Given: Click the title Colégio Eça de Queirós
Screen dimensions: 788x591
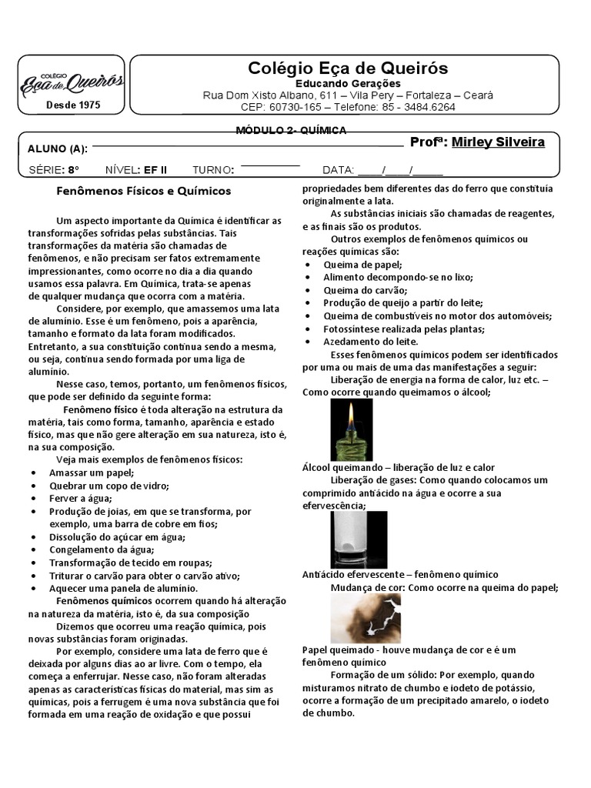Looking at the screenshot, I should pyautogui.click(x=348, y=68).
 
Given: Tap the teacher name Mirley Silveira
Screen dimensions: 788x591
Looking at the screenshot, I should pyautogui.click(x=498, y=142).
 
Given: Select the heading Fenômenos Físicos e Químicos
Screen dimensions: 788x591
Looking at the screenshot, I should pyautogui.click(x=145, y=190).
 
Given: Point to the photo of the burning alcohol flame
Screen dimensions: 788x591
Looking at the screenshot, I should pyautogui.click(x=352, y=429).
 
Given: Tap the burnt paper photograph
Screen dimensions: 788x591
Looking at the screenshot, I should pyautogui.click(x=366, y=619).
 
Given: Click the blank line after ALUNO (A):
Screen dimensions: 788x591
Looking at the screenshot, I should pyautogui.click(x=247, y=145).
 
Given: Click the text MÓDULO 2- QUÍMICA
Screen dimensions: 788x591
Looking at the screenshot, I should pyautogui.click(x=291, y=130).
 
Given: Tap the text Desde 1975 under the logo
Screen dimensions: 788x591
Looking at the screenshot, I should pyautogui.click(x=73, y=104).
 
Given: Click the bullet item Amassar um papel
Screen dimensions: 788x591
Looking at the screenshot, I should pyautogui.click(x=92, y=472).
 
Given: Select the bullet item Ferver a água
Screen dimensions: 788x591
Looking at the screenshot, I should pyautogui.click(x=79, y=498).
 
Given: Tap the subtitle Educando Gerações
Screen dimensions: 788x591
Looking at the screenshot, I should pyautogui.click(x=348, y=83).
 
